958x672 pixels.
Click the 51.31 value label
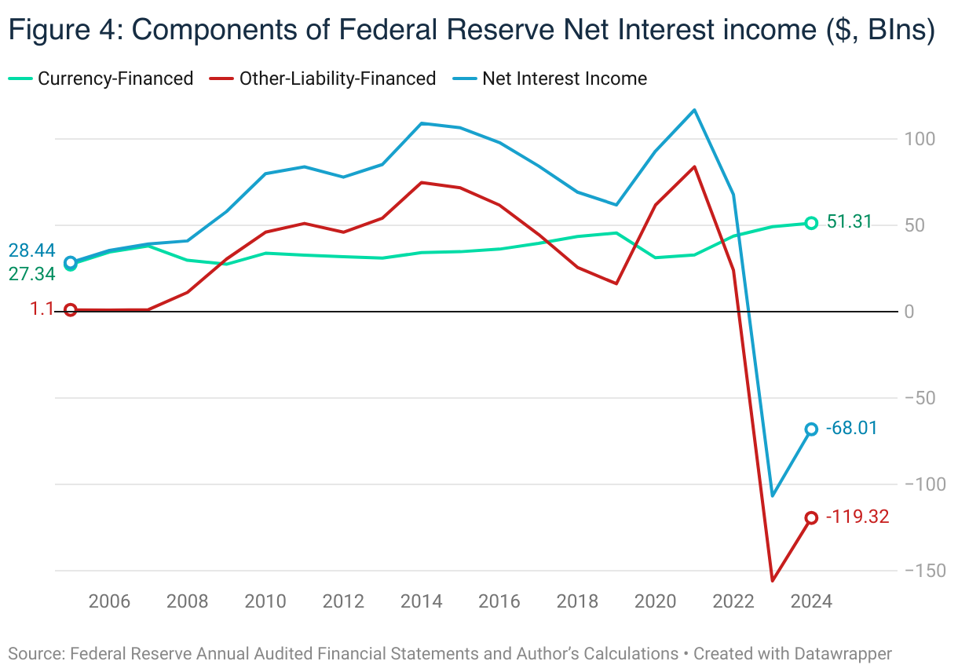coord(850,222)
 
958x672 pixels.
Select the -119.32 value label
coord(857,517)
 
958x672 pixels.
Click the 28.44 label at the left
coord(31,250)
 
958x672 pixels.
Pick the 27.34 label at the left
coord(31,273)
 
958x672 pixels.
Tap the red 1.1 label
coord(42,309)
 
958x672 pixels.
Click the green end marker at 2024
coord(811,223)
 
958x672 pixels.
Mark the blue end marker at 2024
coord(811,429)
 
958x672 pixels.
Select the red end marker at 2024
coord(811,517)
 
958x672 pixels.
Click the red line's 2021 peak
coord(694,166)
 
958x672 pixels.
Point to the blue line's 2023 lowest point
coord(773,495)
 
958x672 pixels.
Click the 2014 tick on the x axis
coord(421,602)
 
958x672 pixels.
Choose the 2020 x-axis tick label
coord(655,602)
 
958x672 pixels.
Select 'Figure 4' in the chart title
coord(63,30)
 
